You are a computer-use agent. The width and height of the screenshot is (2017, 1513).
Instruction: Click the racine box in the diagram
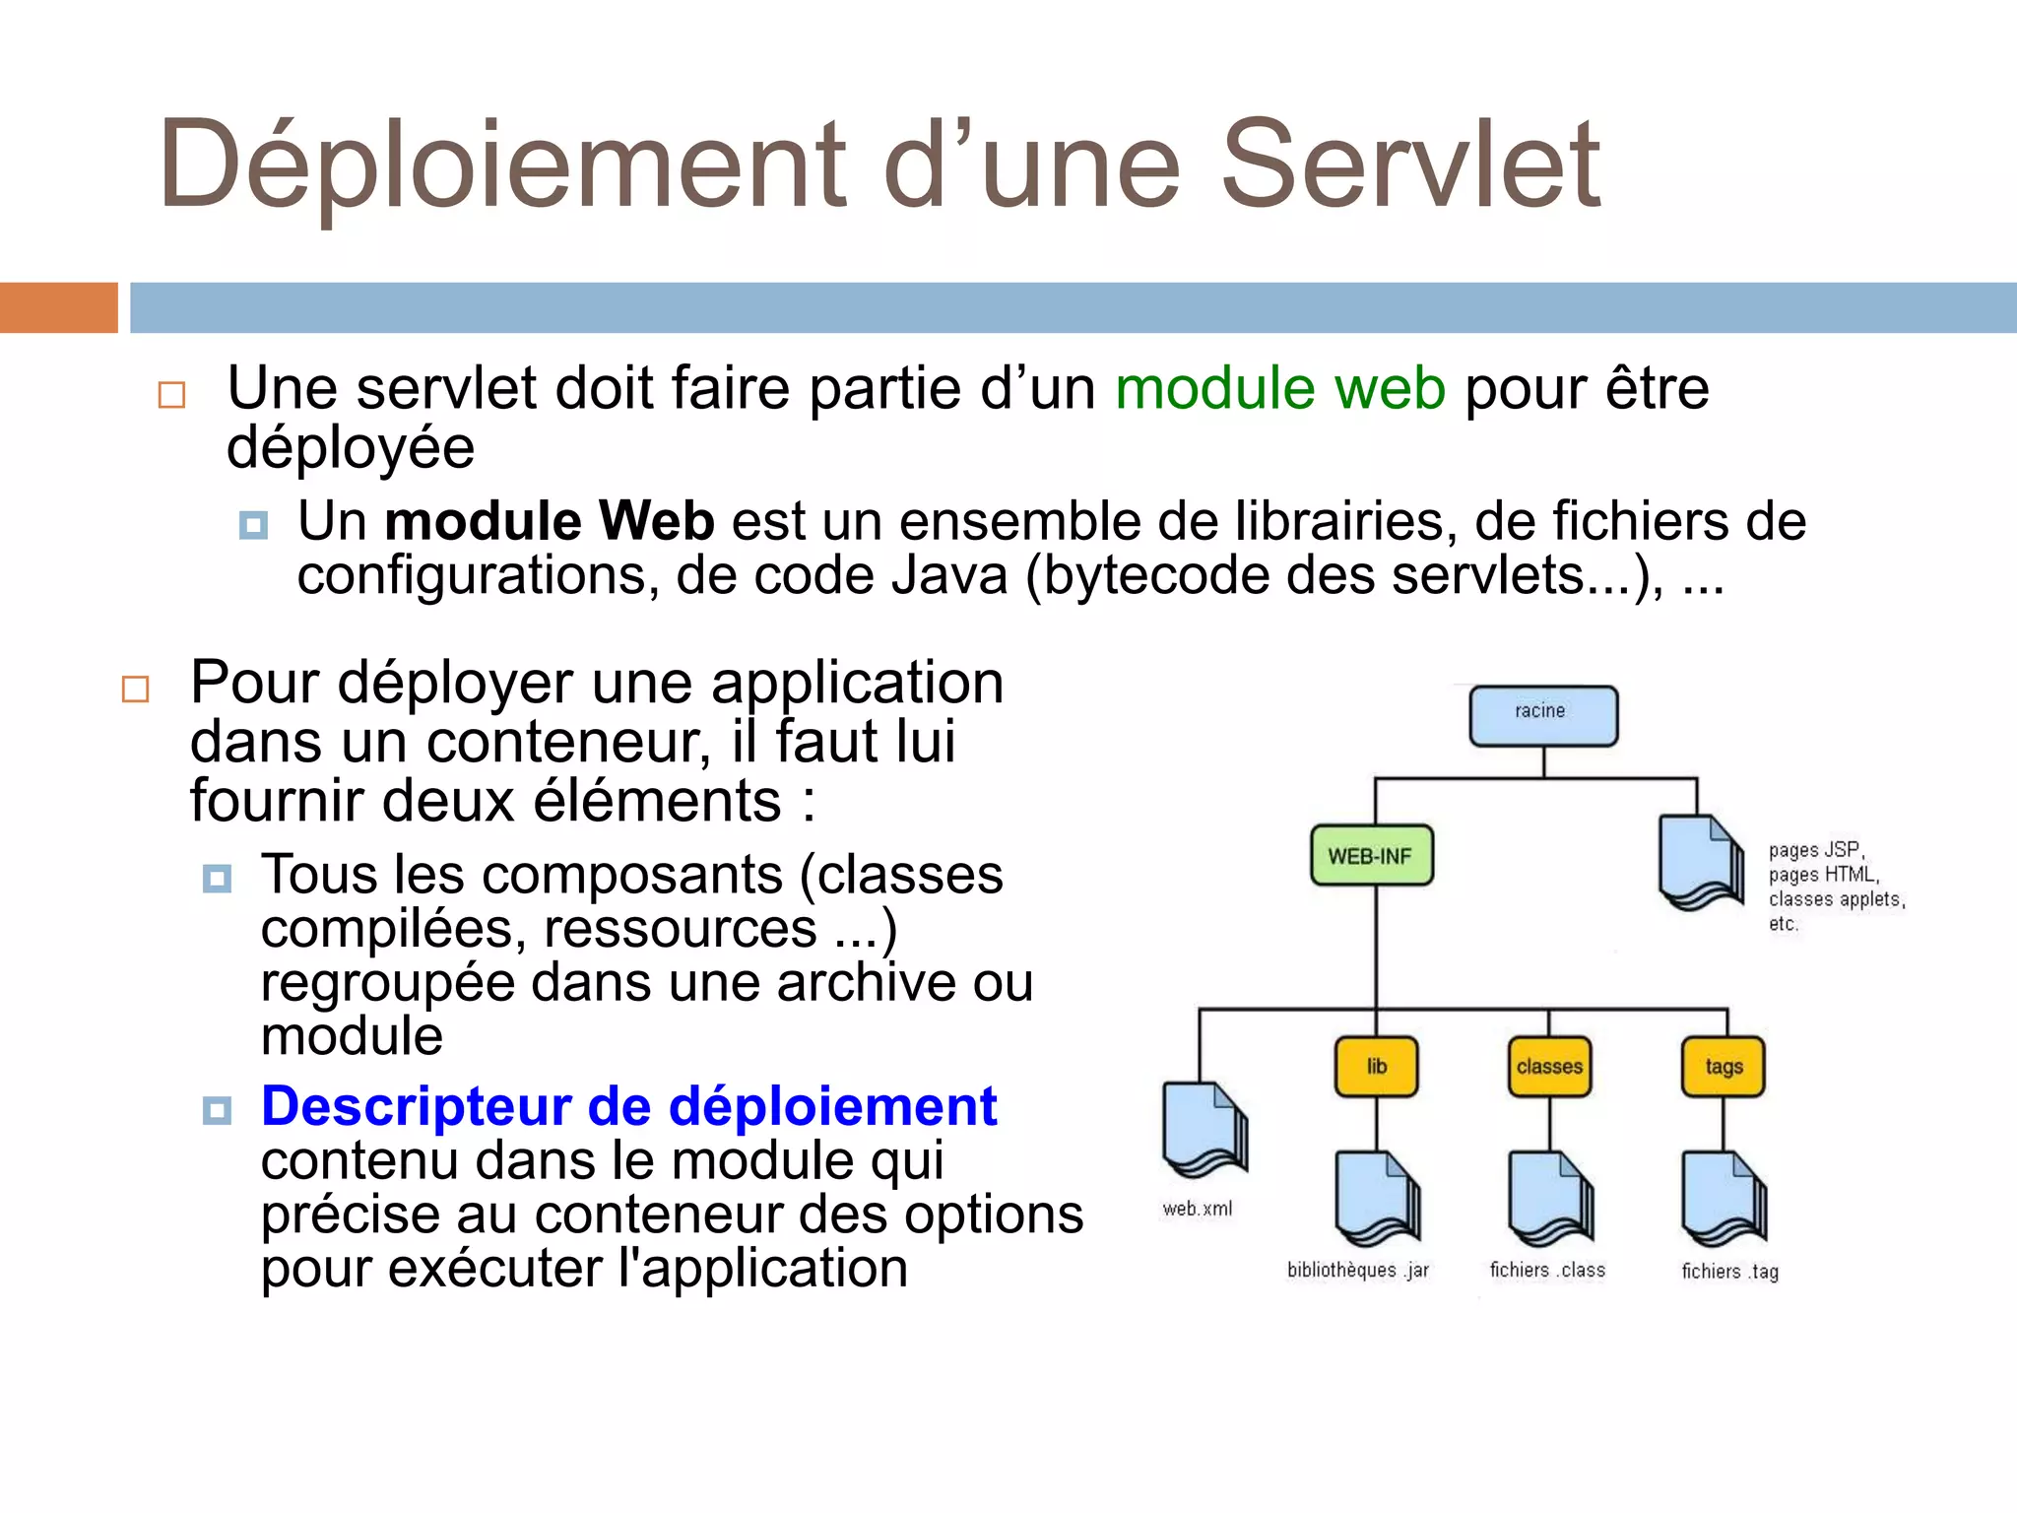[x=1543, y=716]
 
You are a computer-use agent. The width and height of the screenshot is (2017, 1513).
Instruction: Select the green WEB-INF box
[x=1371, y=855]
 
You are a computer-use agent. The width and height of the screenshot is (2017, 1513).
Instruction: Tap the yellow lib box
[x=1376, y=1067]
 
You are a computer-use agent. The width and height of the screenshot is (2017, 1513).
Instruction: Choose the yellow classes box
[x=1549, y=1067]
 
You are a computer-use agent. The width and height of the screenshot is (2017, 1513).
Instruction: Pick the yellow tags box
[x=1724, y=1067]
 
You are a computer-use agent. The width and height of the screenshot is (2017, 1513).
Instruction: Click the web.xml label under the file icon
[x=1198, y=1209]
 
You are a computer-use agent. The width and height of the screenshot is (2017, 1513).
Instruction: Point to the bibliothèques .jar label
[x=1357, y=1270]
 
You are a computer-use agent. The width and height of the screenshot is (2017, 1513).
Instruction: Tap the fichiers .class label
[x=1547, y=1270]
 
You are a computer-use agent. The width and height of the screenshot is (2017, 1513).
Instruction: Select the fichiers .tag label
[x=1729, y=1272]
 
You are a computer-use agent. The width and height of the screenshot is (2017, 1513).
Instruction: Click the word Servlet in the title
[x=1410, y=164]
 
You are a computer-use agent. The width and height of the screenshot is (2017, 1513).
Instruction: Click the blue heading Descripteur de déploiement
[x=628, y=1106]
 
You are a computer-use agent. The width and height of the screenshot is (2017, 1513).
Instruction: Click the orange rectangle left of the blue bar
[x=58, y=307]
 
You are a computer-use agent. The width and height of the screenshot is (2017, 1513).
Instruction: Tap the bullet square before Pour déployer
[x=136, y=689]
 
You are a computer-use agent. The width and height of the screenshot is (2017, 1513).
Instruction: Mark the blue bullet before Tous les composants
[x=217, y=878]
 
